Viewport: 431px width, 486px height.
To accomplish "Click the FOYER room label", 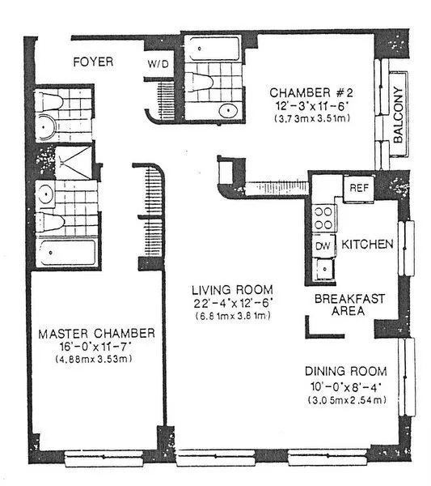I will (93, 62).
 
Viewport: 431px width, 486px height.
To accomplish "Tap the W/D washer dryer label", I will (158, 63).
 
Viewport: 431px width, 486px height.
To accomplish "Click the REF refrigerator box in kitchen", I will (357, 188).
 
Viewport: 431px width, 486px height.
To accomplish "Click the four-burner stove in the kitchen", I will (323, 216).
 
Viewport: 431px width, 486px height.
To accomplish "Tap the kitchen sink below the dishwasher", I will (324, 266).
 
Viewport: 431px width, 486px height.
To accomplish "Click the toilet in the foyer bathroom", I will (50, 102).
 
